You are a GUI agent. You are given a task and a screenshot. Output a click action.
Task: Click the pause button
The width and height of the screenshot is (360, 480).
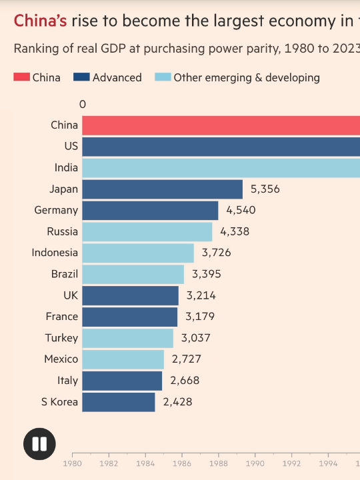click(39, 444)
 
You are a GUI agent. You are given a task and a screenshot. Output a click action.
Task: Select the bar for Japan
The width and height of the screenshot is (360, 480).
click(163, 189)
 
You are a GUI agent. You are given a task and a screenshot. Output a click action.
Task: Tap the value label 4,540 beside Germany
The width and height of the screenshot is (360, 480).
click(241, 211)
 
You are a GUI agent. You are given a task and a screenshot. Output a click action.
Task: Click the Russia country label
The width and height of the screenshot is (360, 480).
click(62, 232)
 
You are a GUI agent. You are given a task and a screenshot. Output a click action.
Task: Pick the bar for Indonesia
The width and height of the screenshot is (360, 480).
click(138, 253)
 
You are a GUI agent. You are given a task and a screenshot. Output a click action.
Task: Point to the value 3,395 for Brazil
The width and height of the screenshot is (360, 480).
click(206, 274)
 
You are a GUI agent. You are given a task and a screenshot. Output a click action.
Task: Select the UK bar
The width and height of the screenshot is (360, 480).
click(131, 295)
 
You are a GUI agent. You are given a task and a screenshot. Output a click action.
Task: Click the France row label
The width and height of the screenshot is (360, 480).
click(62, 317)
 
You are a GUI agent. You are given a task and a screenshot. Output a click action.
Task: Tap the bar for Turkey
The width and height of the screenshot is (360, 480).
click(128, 338)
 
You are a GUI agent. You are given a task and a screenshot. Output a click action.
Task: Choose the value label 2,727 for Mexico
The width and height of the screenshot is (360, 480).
click(186, 359)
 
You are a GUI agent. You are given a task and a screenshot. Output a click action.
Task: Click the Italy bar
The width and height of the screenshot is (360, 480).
click(123, 381)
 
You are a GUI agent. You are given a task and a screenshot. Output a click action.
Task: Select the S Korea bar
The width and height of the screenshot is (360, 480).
click(119, 402)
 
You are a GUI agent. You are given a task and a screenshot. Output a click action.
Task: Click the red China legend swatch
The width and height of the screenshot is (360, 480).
click(21, 77)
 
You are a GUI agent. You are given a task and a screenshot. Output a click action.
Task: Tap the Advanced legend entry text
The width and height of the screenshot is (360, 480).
click(117, 77)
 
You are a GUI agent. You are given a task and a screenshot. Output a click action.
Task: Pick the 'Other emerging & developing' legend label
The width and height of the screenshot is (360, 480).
click(246, 77)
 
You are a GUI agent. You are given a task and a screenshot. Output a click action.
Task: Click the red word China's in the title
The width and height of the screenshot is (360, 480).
click(40, 21)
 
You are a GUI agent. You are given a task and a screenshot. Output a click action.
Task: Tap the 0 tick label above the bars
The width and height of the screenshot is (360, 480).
click(83, 105)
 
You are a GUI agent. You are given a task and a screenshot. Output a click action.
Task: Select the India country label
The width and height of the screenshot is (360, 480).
click(66, 168)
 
